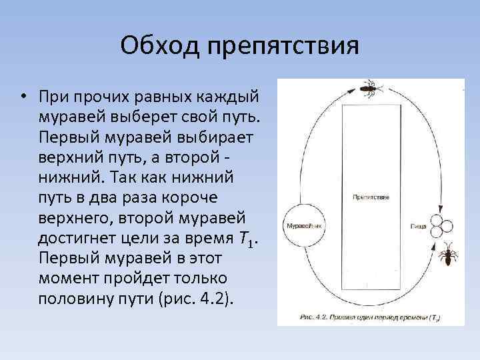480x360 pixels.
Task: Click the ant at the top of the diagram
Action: coord(369,88)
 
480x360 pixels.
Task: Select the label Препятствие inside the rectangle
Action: coord(371,197)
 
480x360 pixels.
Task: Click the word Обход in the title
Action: coord(161,47)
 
